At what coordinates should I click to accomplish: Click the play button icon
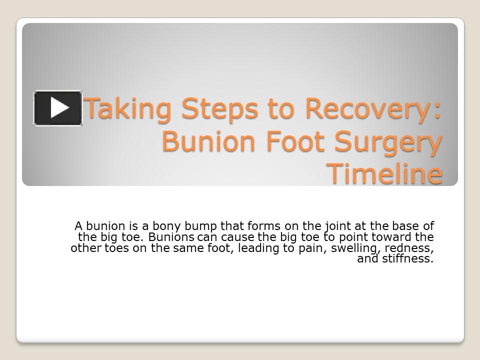pos(58,108)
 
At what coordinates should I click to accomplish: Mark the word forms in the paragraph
pos(263,226)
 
